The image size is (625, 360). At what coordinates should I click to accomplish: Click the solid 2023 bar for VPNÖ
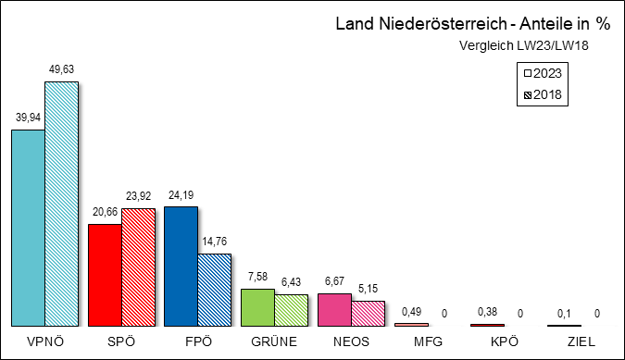tap(27, 227)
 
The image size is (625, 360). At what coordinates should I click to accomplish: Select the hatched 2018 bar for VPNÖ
tap(61, 204)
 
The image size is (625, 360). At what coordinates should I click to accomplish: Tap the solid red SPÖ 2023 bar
tap(104, 275)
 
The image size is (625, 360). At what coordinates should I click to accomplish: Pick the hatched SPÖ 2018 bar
tap(138, 267)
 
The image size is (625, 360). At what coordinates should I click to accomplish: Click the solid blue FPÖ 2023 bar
tap(181, 266)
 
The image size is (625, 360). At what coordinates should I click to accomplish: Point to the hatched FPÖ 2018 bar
tap(215, 289)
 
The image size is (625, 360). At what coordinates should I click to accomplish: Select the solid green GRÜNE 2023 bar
tap(257, 307)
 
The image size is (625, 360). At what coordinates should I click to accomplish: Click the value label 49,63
tap(61, 69)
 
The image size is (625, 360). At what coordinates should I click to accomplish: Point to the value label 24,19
tap(181, 194)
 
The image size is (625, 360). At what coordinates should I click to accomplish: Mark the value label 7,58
tap(256, 276)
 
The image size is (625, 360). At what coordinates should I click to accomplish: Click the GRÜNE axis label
tap(273, 341)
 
